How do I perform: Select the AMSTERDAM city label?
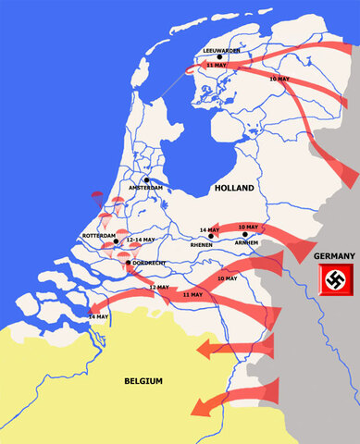click(x=145, y=188)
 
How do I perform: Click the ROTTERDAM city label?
click(x=99, y=236)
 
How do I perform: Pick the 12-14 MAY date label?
click(x=136, y=240)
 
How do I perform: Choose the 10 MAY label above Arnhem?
click(x=248, y=228)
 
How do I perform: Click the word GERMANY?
click(x=332, y=255)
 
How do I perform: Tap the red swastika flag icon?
click(x=333, y=280)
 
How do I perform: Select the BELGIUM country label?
click(x=143, y=380)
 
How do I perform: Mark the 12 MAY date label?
click(x=158, y=288)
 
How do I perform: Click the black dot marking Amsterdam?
click(x=146, y=179)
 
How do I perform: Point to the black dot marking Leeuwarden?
click(x=219, y=57)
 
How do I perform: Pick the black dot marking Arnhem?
click(x=245, y=236)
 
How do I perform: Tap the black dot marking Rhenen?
click(x=212, y=237)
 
